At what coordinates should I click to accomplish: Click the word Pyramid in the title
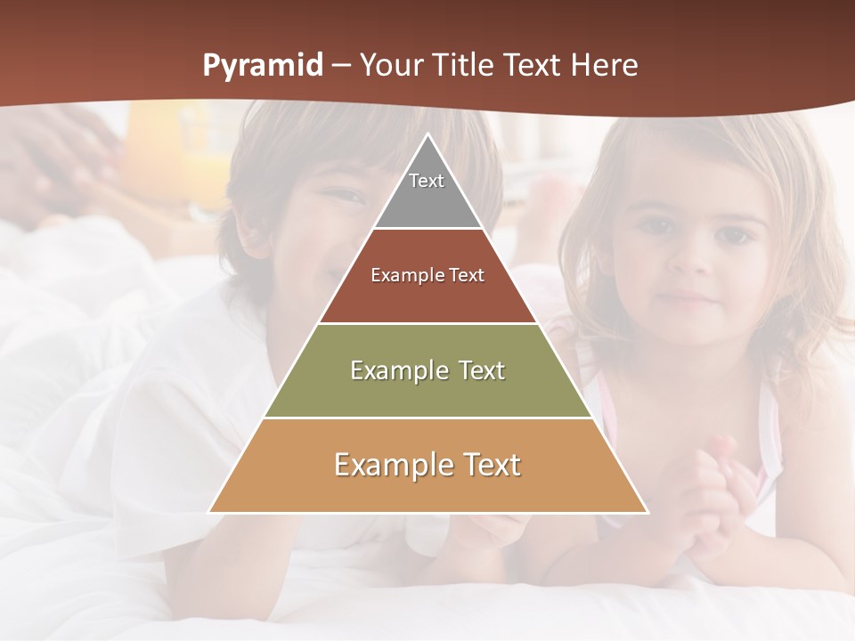263,66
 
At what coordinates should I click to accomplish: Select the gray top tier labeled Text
427,191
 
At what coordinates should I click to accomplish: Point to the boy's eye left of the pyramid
338,193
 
